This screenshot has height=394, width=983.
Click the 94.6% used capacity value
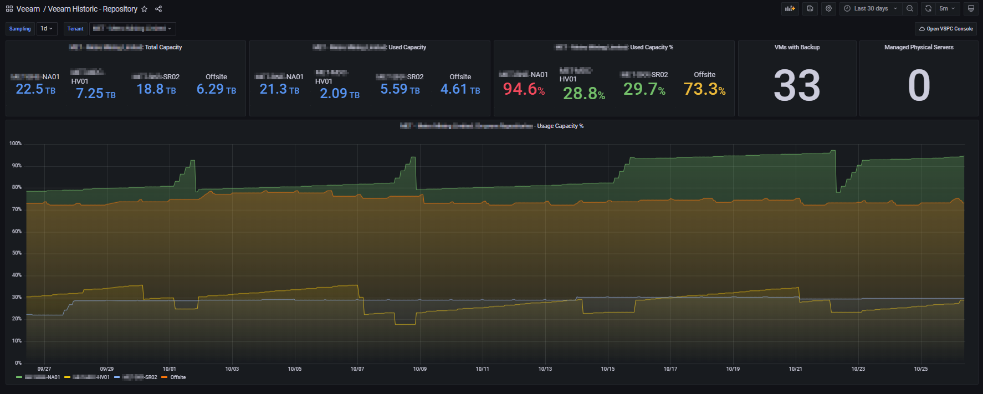point(523,89)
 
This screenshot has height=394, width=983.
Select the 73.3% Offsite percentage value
point(704,89)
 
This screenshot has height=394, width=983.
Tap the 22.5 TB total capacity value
point(35,89)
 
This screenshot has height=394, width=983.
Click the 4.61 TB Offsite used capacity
point(460,89)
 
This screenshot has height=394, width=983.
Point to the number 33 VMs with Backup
point(797,85)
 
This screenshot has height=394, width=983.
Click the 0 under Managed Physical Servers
point(919,85)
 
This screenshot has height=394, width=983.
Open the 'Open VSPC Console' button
point(946,29)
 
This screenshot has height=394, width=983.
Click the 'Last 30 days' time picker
point(871,8)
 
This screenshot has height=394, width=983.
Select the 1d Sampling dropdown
point(47,29)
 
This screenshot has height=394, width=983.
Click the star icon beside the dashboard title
point(145,9)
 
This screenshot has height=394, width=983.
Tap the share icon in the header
point(158,9)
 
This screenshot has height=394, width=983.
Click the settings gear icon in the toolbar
point(828,8)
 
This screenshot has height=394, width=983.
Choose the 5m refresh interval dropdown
point(946,8)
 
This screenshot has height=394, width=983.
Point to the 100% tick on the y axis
point(16,144)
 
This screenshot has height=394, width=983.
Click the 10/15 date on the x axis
point(607,369)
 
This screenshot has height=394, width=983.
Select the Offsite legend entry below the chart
point(177,377)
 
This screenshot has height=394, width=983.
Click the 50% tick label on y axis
point(17,253)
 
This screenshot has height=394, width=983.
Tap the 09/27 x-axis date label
point(44,369)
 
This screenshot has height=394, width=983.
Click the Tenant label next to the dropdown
point(75,29)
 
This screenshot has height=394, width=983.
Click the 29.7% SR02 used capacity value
point(644,89)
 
